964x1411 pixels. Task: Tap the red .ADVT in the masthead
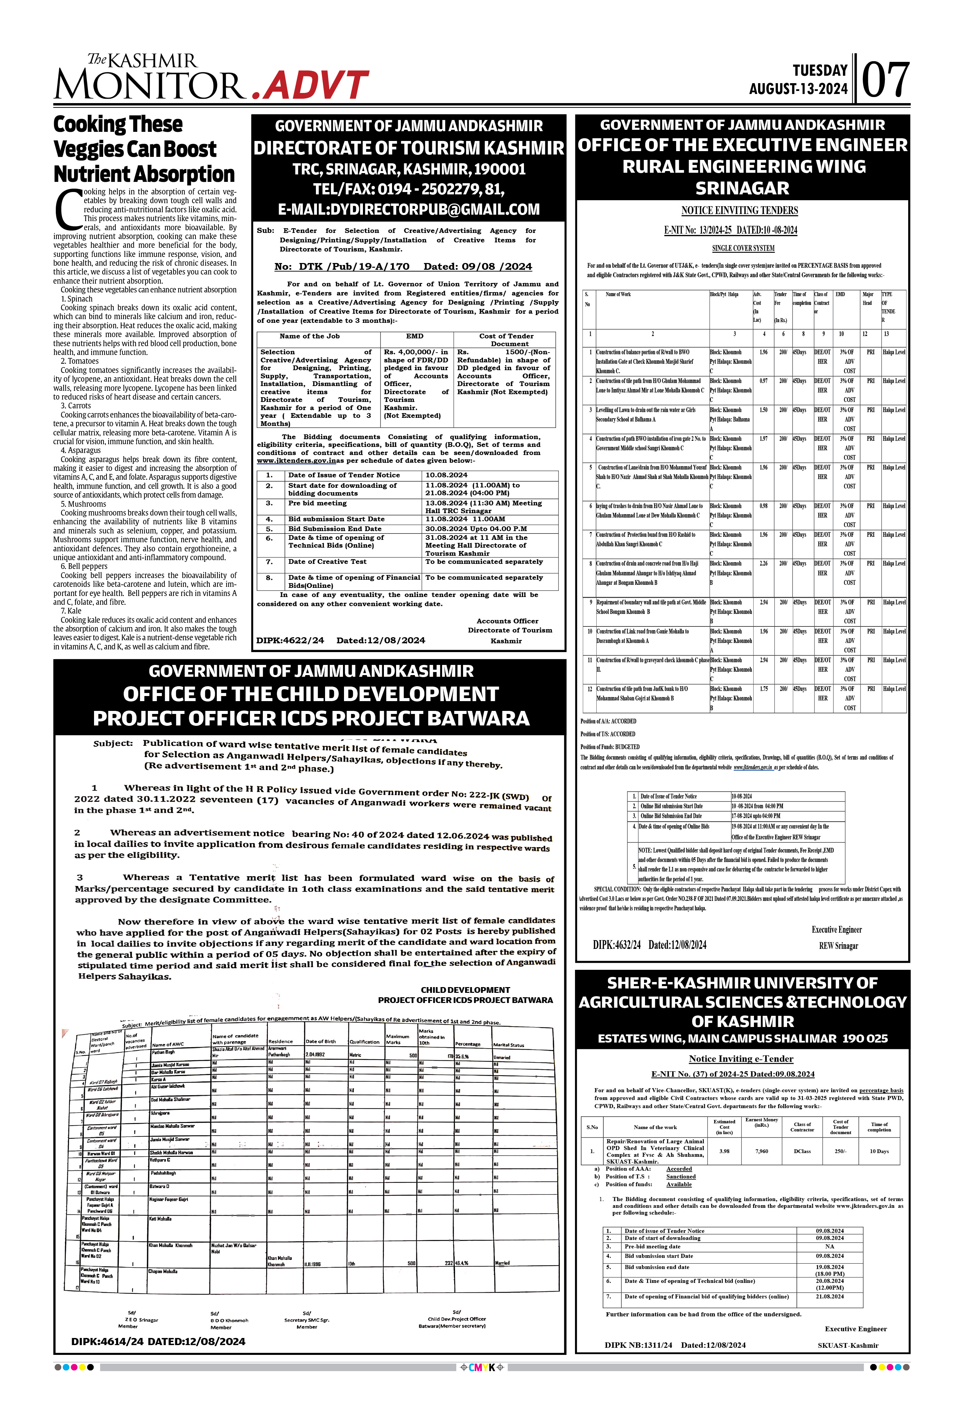(x=310, y=86)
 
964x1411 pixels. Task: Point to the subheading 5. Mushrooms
(x=83, y=504)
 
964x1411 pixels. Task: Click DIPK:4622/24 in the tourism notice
(x=290, y=641)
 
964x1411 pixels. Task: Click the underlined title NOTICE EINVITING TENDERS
(x=739, y=211)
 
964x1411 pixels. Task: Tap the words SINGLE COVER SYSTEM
(x=743, y=248)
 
